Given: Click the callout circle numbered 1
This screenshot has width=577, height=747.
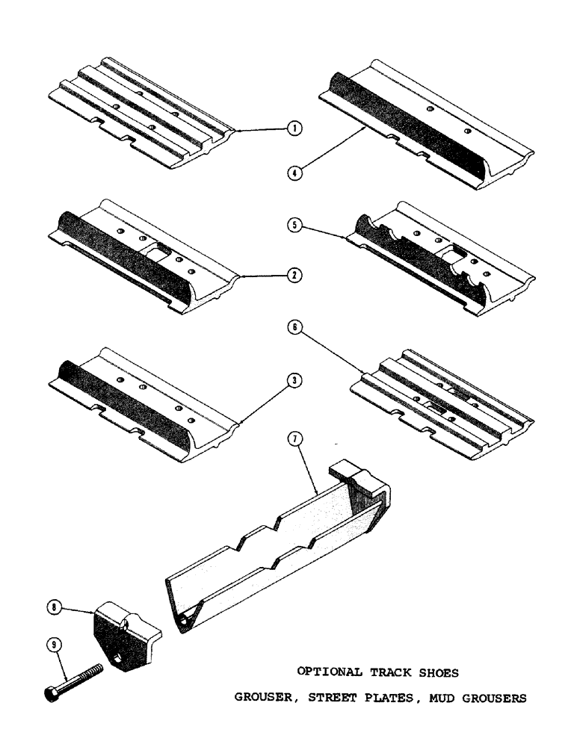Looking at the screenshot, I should click(x=295, y=128).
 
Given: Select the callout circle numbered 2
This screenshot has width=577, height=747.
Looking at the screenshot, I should click(x=295, y=276).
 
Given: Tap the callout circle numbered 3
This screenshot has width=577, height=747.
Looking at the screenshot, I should click(x=295, y=380).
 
